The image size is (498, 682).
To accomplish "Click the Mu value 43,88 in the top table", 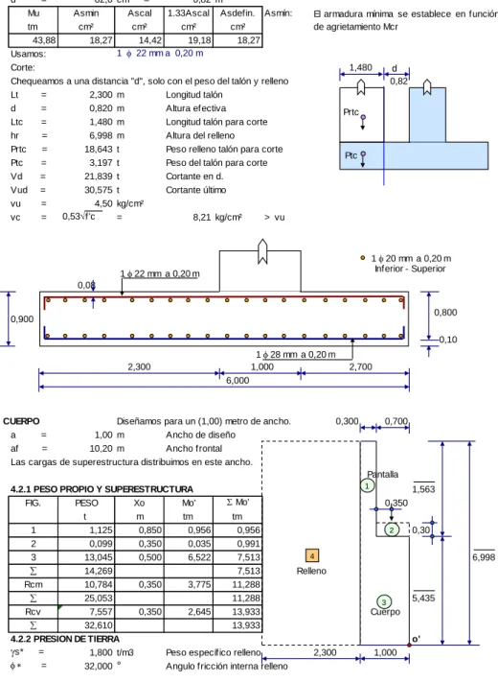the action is [44, 40].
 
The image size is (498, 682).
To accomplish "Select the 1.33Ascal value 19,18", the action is [199, 40].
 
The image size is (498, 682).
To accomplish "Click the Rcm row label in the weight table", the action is [33, 584].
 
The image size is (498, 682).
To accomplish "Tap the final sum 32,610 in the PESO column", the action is [98, 625].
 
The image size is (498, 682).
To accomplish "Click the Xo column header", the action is [139, 504].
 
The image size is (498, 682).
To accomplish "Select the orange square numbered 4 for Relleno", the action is [312, 555].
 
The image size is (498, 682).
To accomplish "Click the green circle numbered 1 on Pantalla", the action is [368, 485].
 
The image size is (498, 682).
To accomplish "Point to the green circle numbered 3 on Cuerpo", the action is [384, 602].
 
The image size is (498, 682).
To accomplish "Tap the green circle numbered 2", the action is [392, 529].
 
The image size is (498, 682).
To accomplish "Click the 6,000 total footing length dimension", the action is [238, 381].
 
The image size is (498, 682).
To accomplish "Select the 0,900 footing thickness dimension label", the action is [22, 319].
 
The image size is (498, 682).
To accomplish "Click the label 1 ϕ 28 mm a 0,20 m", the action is [296, 355].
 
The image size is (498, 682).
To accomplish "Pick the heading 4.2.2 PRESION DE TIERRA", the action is [65, 639].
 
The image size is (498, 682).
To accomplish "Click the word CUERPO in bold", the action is [21, 421].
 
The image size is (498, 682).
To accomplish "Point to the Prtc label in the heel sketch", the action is [351, 112].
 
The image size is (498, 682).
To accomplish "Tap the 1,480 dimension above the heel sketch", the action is [361, 68].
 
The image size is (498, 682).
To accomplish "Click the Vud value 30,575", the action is [99, 190].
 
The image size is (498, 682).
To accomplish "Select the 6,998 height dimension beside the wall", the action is [484, 557].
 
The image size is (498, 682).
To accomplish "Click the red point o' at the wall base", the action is [409, 645].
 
